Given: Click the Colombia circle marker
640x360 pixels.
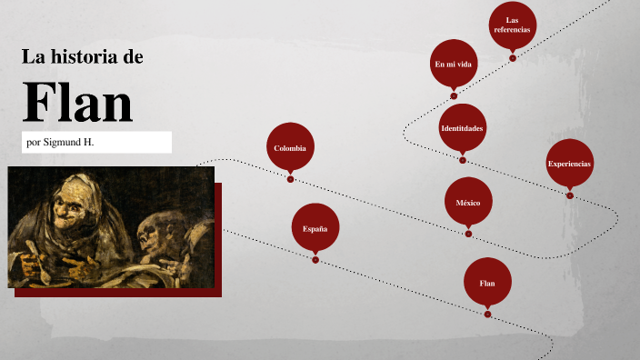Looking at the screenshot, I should [x=290, y=147].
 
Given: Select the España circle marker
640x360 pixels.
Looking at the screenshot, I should [x=315, y=228].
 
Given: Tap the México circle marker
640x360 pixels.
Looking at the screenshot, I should [x=468, y=202].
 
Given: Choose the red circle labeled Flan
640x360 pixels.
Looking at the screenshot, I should [x=487, y=283].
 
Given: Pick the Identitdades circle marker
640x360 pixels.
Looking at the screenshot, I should [x=462, y=128].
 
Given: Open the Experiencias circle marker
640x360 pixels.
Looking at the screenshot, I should [x=569, y=164].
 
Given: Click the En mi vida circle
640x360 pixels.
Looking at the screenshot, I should [x=454, y=64].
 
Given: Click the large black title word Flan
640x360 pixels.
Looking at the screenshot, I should [x=77, y=102].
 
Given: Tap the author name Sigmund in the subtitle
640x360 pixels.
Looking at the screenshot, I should [x=68, y=143].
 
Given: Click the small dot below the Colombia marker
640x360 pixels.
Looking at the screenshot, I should [x=290, y=179].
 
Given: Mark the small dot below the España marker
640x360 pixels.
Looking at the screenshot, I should [x=315, y=260].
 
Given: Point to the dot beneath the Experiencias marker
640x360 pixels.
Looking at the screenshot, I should [x=570, y=195].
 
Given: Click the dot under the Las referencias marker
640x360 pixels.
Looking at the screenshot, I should [x=513, y=58].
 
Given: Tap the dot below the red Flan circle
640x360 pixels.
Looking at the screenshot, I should [x=488, y=315].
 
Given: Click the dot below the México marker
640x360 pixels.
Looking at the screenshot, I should [x=468, y=234].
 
